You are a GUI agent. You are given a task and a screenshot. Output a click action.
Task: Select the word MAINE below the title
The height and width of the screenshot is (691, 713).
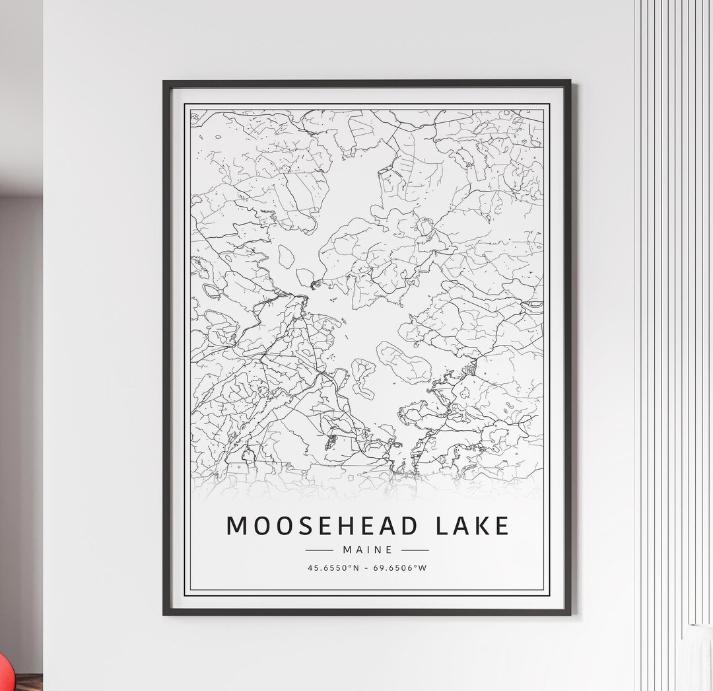368,550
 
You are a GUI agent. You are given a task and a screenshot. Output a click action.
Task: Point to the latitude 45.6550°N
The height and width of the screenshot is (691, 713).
333,567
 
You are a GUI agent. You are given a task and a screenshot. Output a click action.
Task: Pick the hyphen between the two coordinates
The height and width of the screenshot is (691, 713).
368,567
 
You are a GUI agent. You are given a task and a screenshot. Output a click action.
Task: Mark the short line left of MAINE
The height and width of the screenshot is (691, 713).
320,550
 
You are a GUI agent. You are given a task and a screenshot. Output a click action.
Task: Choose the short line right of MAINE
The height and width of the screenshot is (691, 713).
415,550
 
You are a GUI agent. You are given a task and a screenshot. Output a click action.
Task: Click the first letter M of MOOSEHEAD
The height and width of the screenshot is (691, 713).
237,526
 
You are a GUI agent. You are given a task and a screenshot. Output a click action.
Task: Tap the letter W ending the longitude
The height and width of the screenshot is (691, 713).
423,567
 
